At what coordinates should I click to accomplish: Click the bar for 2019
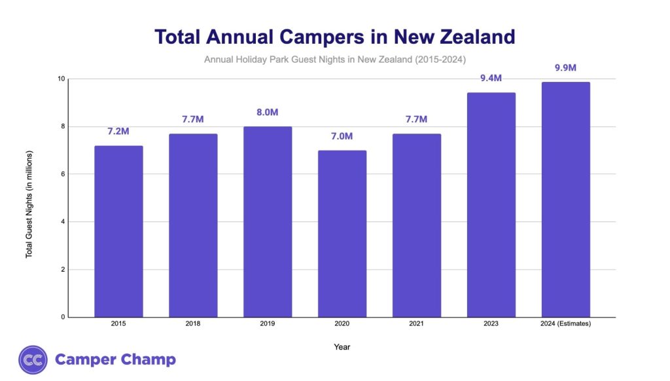coord(268,222)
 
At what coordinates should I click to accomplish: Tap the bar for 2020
coord(342,234)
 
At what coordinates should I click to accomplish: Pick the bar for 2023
coord(491,205)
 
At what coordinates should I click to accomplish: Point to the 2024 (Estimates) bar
coord(566,200)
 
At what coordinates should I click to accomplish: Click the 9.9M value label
coord(566,68)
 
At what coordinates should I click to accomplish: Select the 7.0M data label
coord(342,136)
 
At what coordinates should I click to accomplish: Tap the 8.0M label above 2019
coord(268,113)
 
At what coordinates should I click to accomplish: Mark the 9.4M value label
coord(491,79)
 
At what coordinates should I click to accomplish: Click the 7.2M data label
coord(118,132)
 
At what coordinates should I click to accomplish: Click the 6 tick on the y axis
coord(63,174)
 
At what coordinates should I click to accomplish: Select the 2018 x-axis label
coord(193,323)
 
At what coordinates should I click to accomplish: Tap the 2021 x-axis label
coord(417,323)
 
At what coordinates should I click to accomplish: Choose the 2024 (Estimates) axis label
coord(566,323)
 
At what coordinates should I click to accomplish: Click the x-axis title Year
coord(342,347)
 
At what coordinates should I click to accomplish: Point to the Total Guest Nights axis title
coord(29,204)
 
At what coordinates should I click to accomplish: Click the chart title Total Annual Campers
coord(334,37)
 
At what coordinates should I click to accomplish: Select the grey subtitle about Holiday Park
coord(334,60)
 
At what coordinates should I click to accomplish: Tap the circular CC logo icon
coord(32,359)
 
